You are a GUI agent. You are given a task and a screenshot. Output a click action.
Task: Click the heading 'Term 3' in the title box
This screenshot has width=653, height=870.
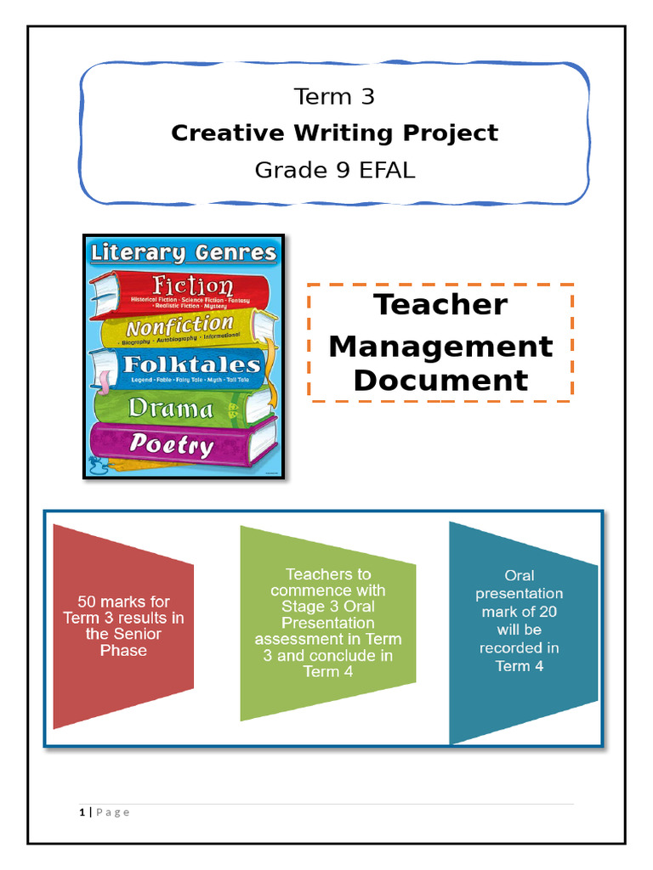coord(334,97)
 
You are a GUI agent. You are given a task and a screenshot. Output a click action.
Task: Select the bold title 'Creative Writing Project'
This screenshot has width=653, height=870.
coord(334,133)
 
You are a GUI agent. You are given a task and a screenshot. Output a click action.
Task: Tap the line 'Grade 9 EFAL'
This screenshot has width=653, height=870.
coord(334,170)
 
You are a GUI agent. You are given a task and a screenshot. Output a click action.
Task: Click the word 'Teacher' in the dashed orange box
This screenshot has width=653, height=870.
coord(440,304)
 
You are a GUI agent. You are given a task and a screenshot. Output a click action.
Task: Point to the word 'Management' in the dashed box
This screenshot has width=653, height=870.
coord(440,346)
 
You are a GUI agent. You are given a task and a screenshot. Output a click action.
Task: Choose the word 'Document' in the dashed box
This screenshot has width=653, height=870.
coord(440,380)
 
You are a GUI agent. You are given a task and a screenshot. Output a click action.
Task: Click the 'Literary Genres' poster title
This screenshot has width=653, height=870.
coord(184,252)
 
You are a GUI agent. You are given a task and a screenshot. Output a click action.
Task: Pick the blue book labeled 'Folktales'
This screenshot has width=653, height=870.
coord(191,365)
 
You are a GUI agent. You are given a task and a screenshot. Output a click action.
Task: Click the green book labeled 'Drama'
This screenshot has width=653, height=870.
coord(171,409)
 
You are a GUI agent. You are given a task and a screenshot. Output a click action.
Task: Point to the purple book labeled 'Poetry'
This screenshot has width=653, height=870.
coord(171,443)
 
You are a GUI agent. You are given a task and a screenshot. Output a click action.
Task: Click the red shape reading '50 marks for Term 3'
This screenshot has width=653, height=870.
coord(123,625)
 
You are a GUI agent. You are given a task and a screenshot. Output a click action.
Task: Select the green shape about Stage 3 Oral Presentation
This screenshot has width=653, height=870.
coord(327,623)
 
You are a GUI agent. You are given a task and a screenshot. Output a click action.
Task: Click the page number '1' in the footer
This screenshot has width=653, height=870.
coord(82,812)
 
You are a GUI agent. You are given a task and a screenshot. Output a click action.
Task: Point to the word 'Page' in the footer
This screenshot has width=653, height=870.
coord(113,812)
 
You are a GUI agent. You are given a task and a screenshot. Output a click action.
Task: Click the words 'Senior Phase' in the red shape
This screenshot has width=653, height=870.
coord(123,642)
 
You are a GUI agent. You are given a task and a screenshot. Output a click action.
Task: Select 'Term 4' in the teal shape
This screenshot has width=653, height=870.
coord(519,666)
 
